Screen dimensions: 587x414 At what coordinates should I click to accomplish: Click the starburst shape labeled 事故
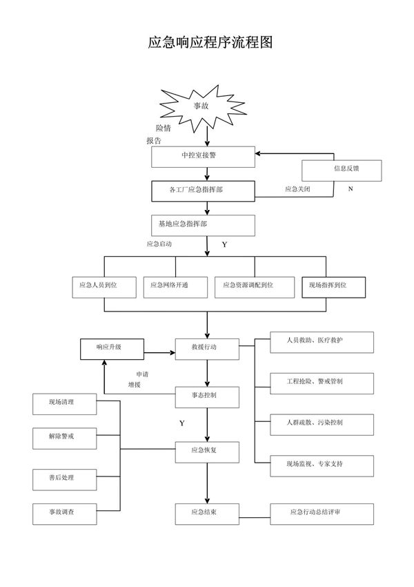[199, 106]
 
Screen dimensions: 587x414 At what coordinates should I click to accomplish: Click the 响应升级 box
[111, 348]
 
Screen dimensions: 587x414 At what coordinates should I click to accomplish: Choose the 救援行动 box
[207, 348]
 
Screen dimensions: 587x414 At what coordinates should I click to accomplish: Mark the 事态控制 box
[207, 396]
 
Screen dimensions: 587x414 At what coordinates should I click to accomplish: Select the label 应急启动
[159, 244]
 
